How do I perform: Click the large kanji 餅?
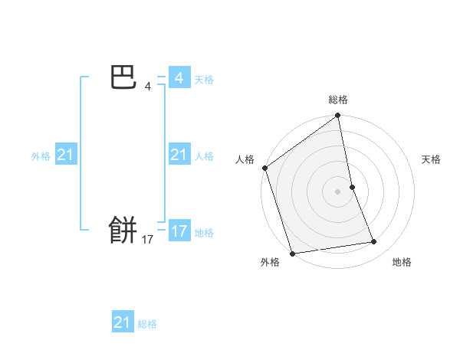123,228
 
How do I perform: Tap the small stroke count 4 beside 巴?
148,87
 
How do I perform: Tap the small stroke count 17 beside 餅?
148,240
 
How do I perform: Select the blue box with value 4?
179,78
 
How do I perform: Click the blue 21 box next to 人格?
179,155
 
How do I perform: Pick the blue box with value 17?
179,231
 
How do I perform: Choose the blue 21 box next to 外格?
65,155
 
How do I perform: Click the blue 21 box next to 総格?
122,322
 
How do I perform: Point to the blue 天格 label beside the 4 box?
204,80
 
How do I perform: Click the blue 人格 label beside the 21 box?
204,156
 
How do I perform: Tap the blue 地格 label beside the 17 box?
204,233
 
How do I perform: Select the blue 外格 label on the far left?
41,156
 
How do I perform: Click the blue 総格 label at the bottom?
147,324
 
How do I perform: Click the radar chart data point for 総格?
337,116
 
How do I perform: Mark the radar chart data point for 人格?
264,168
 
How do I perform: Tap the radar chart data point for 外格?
292,253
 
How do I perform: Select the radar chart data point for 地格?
374,242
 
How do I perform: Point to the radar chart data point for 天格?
352,187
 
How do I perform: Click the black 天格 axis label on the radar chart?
431,159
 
